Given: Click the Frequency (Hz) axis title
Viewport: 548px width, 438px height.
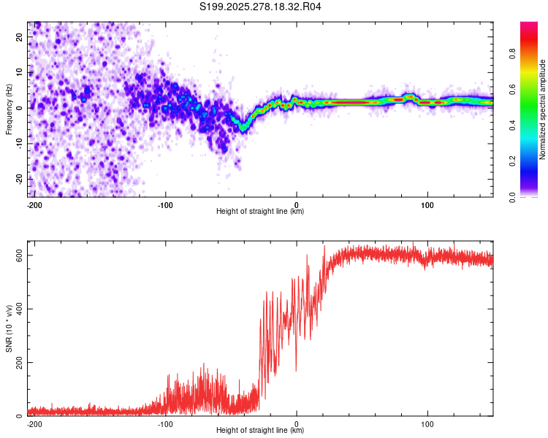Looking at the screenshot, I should pyautogui.click(x=9, y=109).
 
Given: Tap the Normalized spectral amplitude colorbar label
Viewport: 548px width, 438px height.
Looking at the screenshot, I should pyautogui.click(x=543, y=109).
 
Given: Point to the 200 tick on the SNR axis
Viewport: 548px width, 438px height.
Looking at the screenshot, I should pyautogui.click(x=19, y=362).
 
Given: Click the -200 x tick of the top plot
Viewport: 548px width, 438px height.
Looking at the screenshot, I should pyautogui.click(x=34, y=204).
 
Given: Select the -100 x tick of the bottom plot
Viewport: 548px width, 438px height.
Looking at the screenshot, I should pyautogui.click(x=165, y=423).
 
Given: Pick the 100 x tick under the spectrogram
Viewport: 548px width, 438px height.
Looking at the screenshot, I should pyautogui.click(x=427, y=204).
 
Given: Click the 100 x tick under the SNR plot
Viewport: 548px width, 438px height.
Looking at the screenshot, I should pyautogui.click(x=427, y=423).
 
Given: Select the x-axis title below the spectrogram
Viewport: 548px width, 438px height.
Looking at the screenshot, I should pyautogui.click(x=260, y=212).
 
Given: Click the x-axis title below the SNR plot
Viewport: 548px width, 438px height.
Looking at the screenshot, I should pyautogui.click(x=260, y=431).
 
